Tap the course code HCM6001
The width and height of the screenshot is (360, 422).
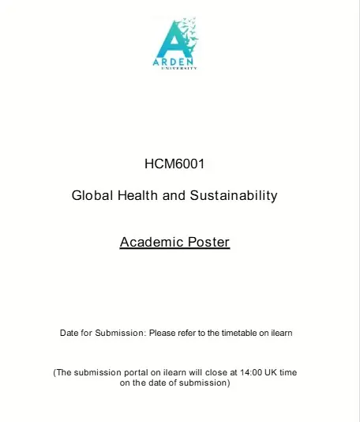coord(174,164)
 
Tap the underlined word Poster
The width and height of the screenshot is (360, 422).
coord(208,242)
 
